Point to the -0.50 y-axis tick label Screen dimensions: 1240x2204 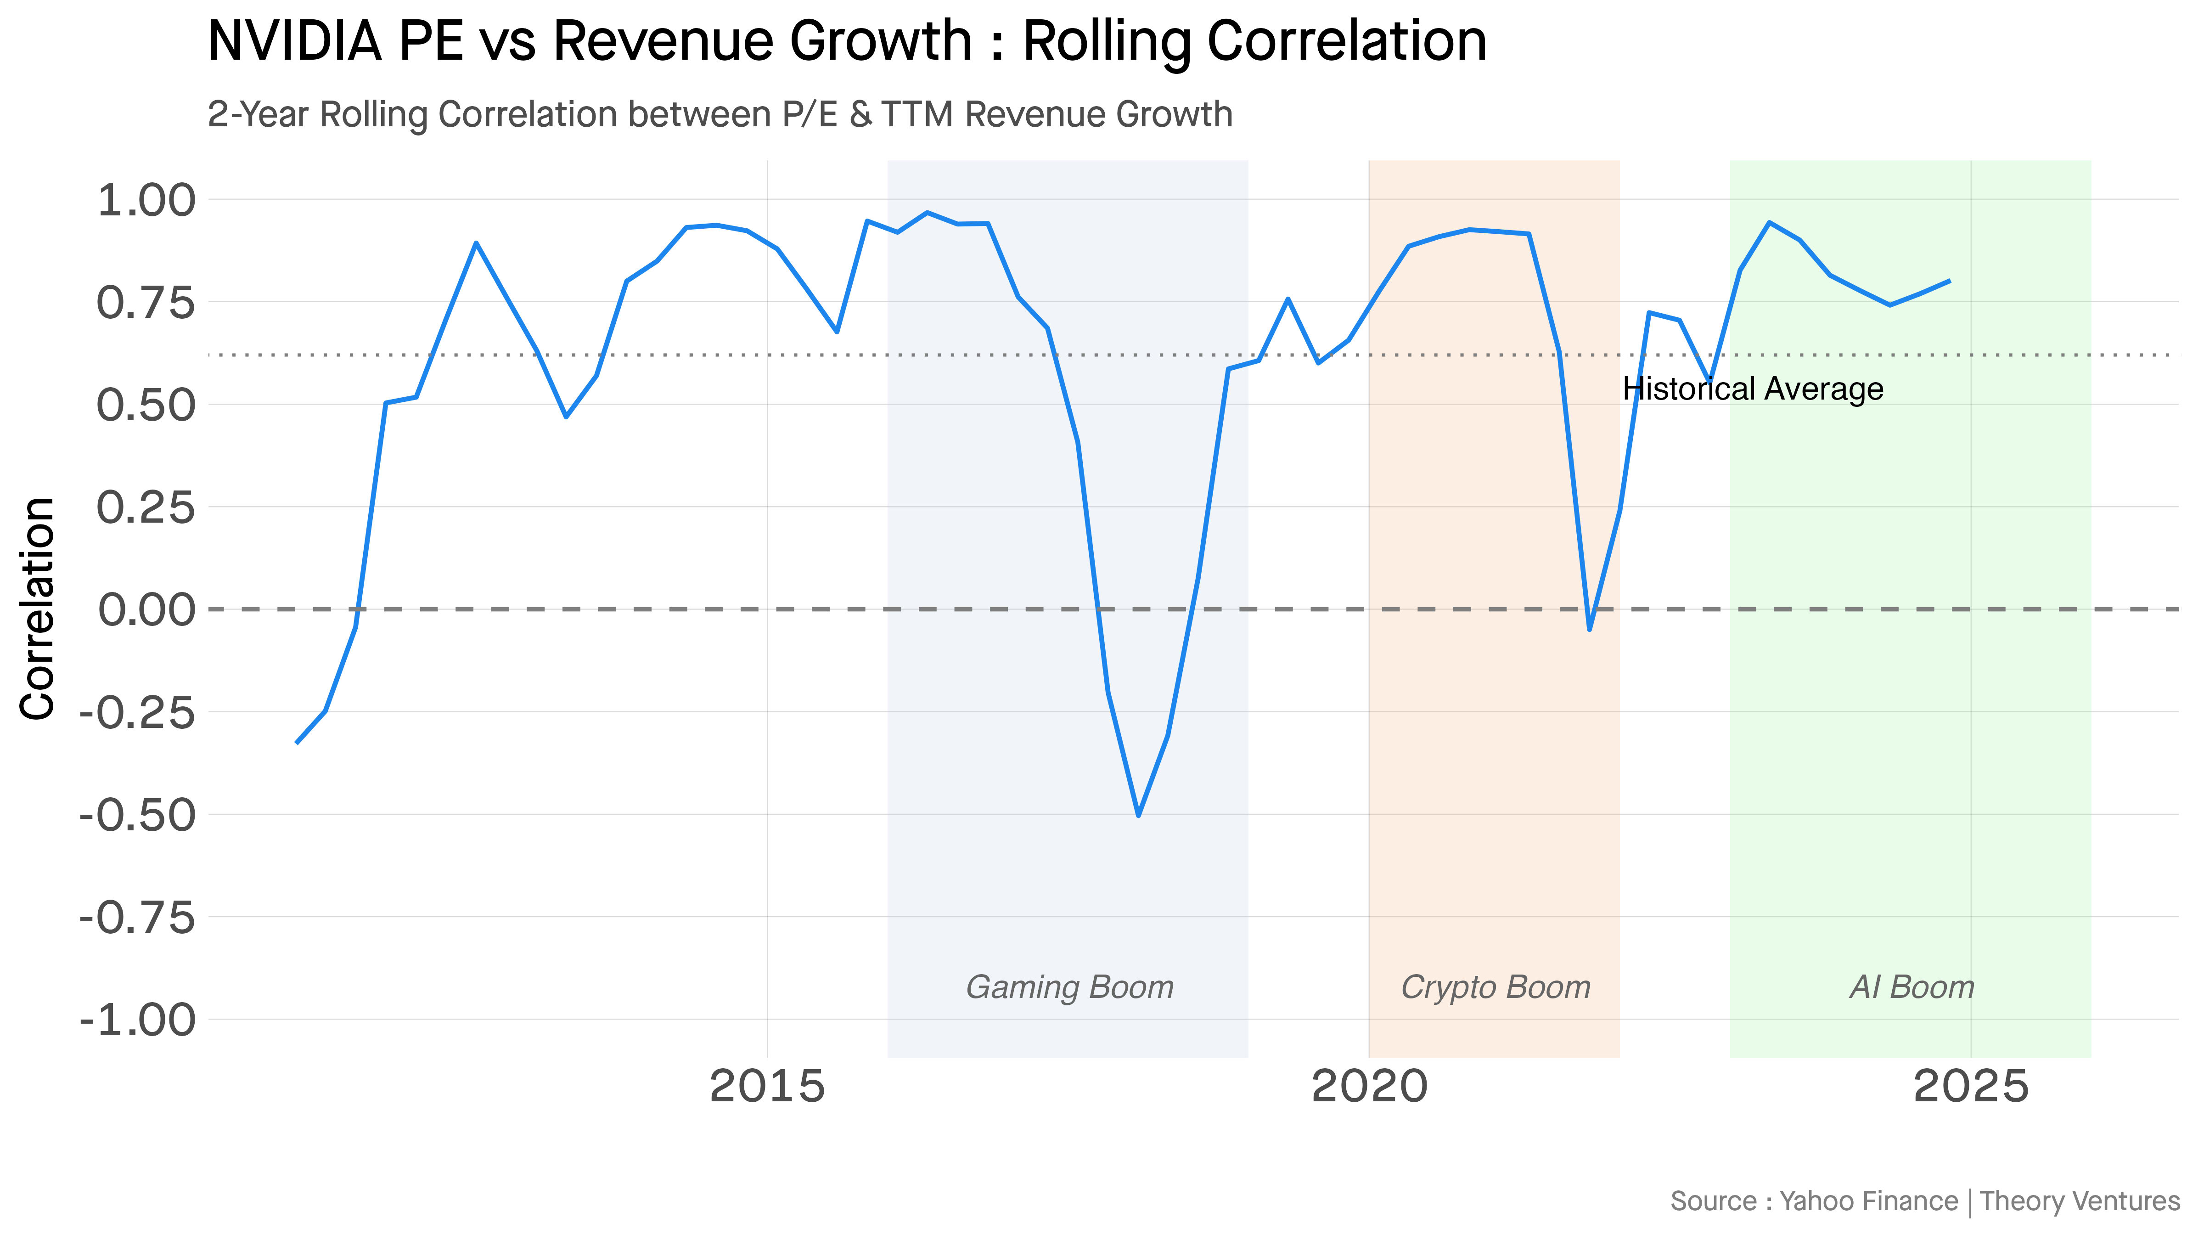coord(137,816)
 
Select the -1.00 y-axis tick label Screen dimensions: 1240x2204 coord(137,1020)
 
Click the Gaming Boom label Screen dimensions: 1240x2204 coord(1069,987)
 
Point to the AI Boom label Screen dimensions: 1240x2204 coord(1912,987)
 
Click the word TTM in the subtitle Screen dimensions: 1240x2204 coord(916,115)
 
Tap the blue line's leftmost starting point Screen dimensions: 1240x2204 coord(297,742)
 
